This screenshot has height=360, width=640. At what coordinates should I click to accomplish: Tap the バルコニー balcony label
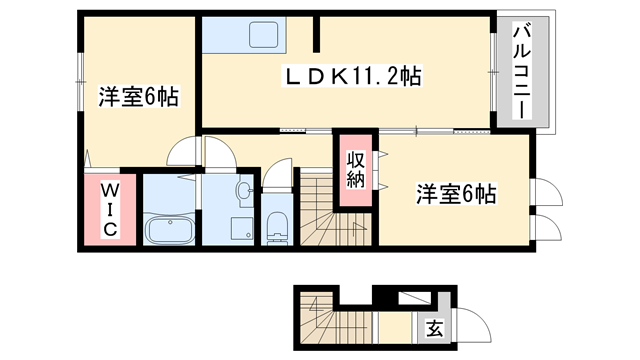[x=521, y=72]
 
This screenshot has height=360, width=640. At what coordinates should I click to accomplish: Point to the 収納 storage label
[x=355, y=171]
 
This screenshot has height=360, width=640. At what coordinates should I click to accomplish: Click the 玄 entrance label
[x=435, y=327]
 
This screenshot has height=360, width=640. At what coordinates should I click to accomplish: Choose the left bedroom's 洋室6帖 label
[x=138, y=98]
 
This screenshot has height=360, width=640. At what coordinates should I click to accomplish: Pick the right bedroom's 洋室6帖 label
[x=456, y=195]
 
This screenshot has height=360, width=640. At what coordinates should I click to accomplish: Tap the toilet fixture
[x=277, y=227]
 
